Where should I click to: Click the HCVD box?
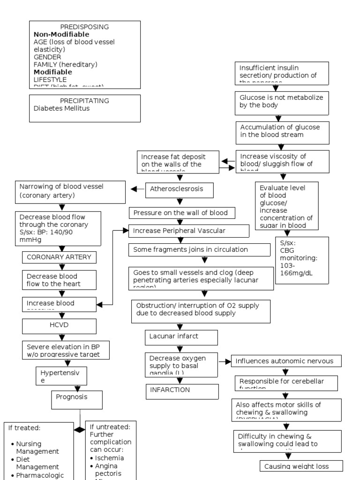click(x=59, y=326)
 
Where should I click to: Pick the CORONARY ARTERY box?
click(x=59, y=257)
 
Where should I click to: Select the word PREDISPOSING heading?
click(x=84, y=27)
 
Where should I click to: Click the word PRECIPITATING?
click(x=84, y=101)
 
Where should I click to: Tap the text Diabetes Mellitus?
click(x=61, y=108)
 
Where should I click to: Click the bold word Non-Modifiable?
click(x=61, y=34)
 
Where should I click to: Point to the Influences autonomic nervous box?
click(x=286, y=361)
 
